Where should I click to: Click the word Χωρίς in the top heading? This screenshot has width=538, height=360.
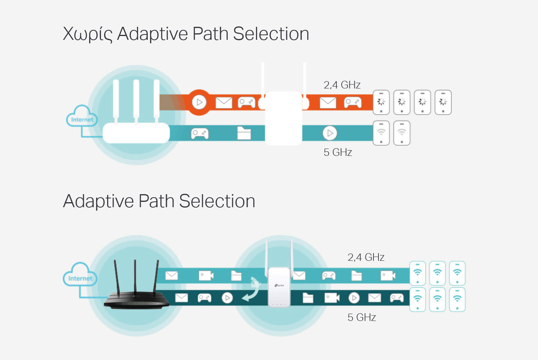[87, 34]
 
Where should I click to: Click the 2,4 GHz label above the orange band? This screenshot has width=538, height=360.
[342, 85]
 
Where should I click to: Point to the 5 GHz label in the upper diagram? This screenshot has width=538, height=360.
[337, 152]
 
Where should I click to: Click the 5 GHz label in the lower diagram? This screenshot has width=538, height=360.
[361, 317]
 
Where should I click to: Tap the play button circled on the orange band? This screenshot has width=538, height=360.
[199, 102]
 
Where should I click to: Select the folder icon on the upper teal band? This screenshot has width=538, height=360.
[244, 133]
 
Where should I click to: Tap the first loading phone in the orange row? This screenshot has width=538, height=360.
[381, 102]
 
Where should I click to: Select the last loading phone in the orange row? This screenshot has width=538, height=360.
[443, 102]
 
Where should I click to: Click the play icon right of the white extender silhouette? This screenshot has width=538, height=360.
[329, 133]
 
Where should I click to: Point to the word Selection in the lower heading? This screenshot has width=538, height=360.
[217, 201]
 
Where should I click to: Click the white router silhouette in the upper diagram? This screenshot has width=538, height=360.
[136, 132]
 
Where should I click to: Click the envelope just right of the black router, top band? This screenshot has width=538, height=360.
[171, 275]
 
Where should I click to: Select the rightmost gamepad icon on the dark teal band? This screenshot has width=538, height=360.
[396, 298]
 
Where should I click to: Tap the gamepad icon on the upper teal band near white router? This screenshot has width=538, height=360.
[200, 133]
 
